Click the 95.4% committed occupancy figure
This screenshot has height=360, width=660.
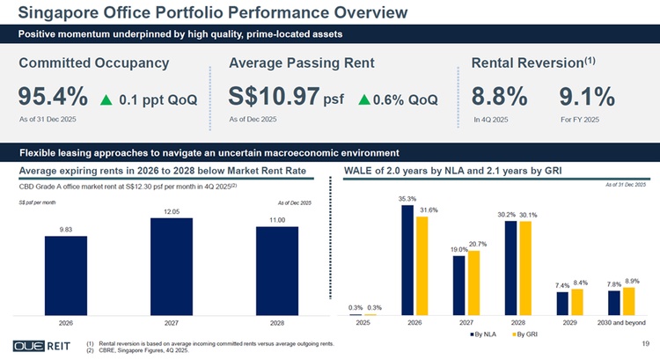(x=52, y=96)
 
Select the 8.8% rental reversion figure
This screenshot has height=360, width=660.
(x=499, y=96)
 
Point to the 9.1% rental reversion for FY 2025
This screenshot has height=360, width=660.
(x=586, y=96)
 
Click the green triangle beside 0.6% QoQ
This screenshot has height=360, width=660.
(x=365, y=99)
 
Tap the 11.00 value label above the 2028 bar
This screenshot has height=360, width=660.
(x=278, y=218)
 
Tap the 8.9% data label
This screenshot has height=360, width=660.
(x=630, y=281)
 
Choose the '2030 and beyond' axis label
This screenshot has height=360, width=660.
(x=621, y=323)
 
